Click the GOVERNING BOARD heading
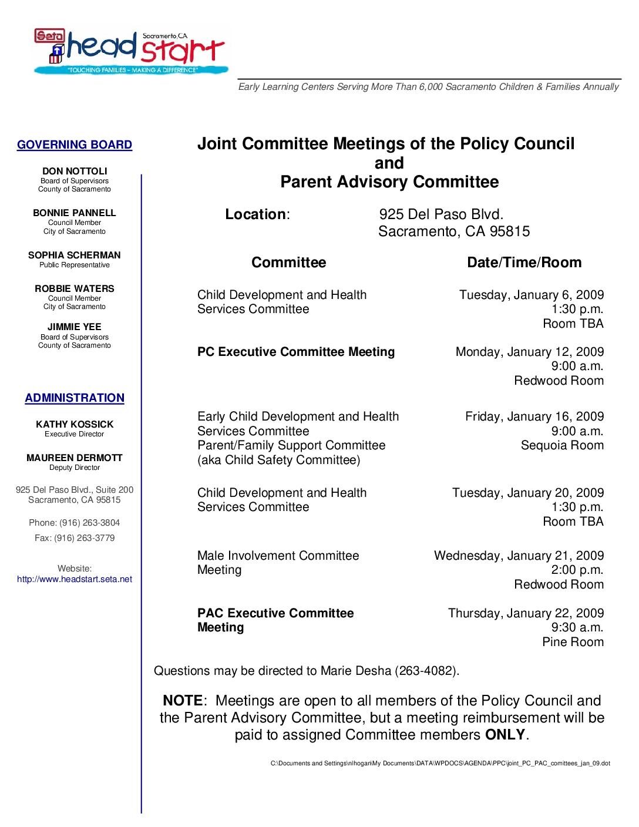[75, 145]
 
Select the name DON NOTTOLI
[75, 172]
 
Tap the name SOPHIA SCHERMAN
[75, 256]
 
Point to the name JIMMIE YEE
[75, 327]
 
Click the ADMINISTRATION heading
[75, 398]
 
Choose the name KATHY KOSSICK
[75, 425]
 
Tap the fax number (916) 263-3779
[85, 538]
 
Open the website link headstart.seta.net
[75, 579]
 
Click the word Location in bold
[255, 214]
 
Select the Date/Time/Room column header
[524, 263]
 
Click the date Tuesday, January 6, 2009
[531, 295]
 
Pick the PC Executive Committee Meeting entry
[296, 352]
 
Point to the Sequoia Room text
[562, 445]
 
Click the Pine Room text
[573, 642]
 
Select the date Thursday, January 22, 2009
[526, 613]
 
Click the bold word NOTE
[182, 701]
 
